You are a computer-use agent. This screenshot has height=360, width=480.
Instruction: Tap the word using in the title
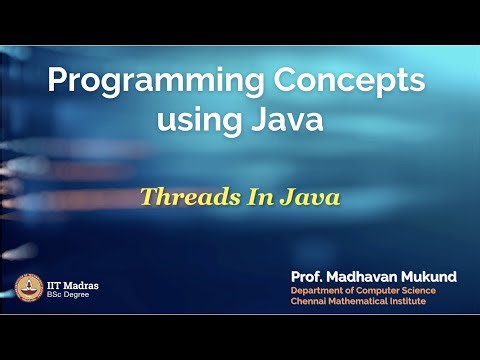click(198, 121)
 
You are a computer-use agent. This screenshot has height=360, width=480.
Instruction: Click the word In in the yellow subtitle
click(252, 196)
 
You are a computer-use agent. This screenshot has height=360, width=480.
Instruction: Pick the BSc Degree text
click(67, 296)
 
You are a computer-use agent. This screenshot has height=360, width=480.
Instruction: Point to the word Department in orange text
click(317, 290)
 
